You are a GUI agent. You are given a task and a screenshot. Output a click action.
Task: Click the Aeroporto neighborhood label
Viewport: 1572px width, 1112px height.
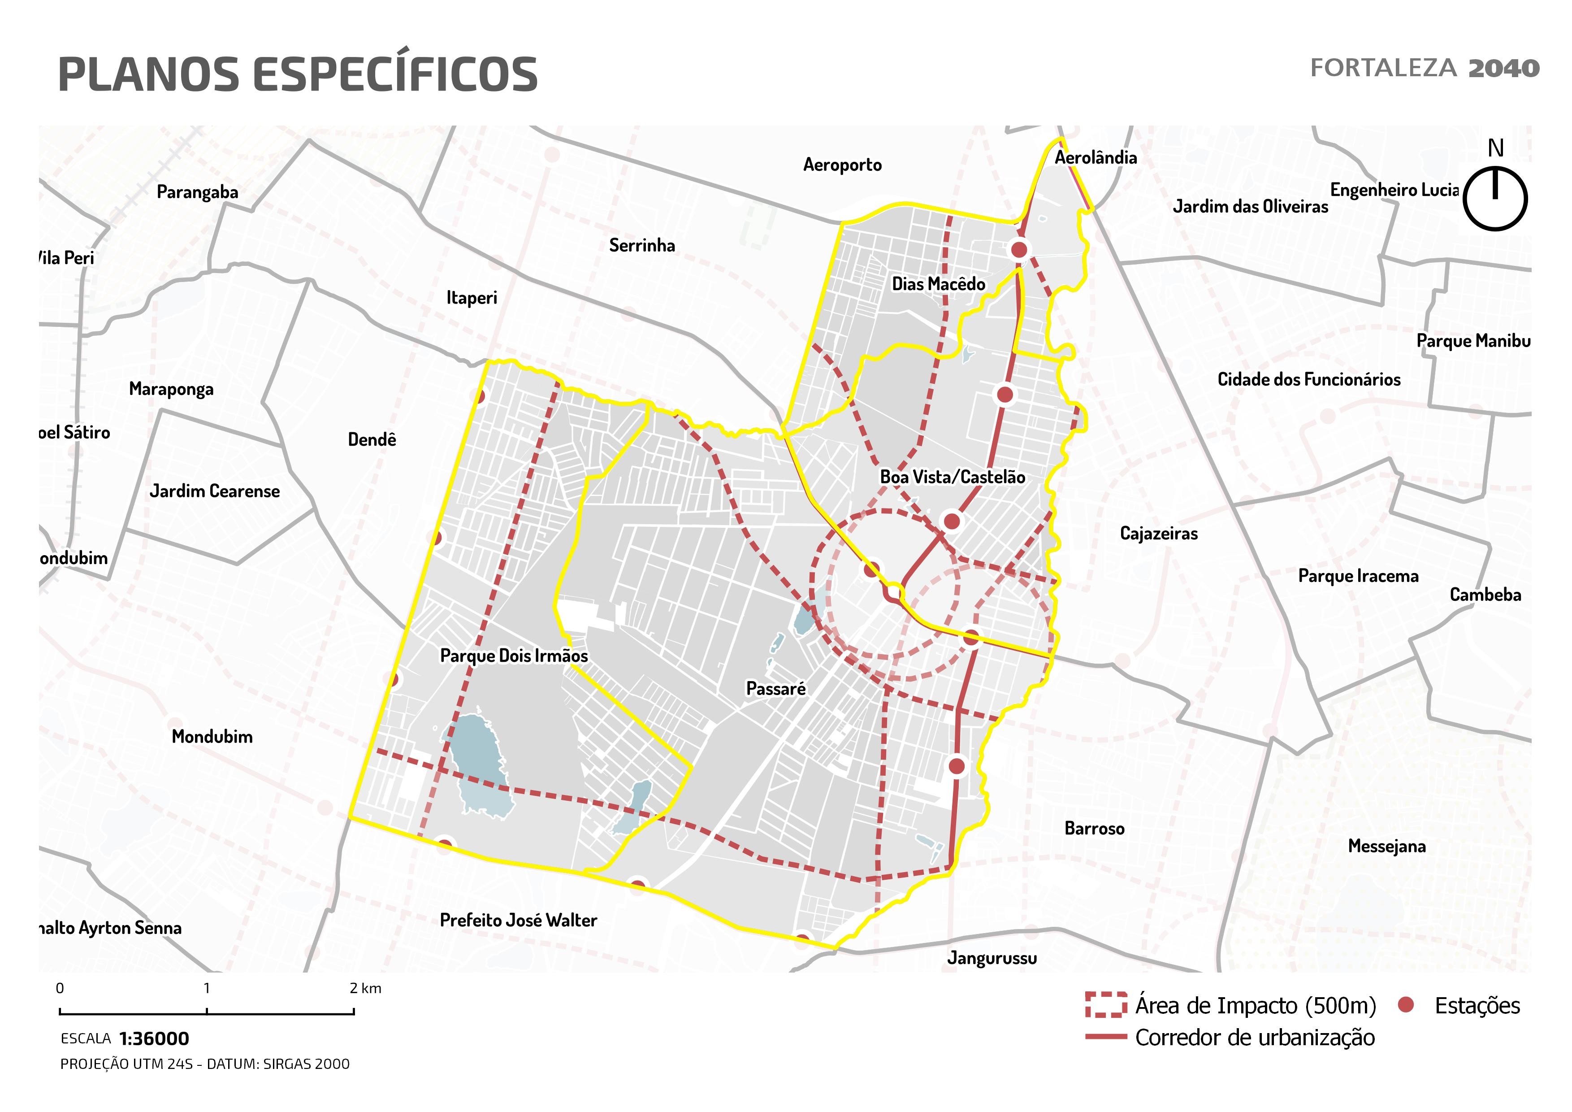(x=842, y=165)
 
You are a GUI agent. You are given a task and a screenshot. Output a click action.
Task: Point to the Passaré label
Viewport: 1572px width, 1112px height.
(x=776, y=689)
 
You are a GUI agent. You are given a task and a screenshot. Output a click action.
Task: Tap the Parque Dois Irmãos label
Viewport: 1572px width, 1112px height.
(x=514, y=656)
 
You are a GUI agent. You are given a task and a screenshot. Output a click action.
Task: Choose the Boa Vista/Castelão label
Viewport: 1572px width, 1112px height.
(x=953, y=477)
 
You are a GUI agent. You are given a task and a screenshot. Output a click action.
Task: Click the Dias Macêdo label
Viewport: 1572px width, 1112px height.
(x=938, y=284)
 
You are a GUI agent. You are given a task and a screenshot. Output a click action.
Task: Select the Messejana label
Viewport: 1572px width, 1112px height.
(x=1386, y=846)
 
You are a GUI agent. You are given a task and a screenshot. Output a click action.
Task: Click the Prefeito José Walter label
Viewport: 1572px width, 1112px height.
(x=518, y=920)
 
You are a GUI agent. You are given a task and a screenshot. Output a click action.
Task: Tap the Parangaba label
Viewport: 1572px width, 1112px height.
(x=197, y=192)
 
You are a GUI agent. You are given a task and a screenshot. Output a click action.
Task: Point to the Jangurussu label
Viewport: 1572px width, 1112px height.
(x=992, y=958)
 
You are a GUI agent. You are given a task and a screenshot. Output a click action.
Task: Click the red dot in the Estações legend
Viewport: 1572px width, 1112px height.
(x=1406, y=1005)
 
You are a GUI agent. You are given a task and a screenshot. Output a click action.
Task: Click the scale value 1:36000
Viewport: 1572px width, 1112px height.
(x=154, y=1039)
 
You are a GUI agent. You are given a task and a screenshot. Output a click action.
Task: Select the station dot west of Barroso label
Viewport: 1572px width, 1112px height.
(x=957, y=765)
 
